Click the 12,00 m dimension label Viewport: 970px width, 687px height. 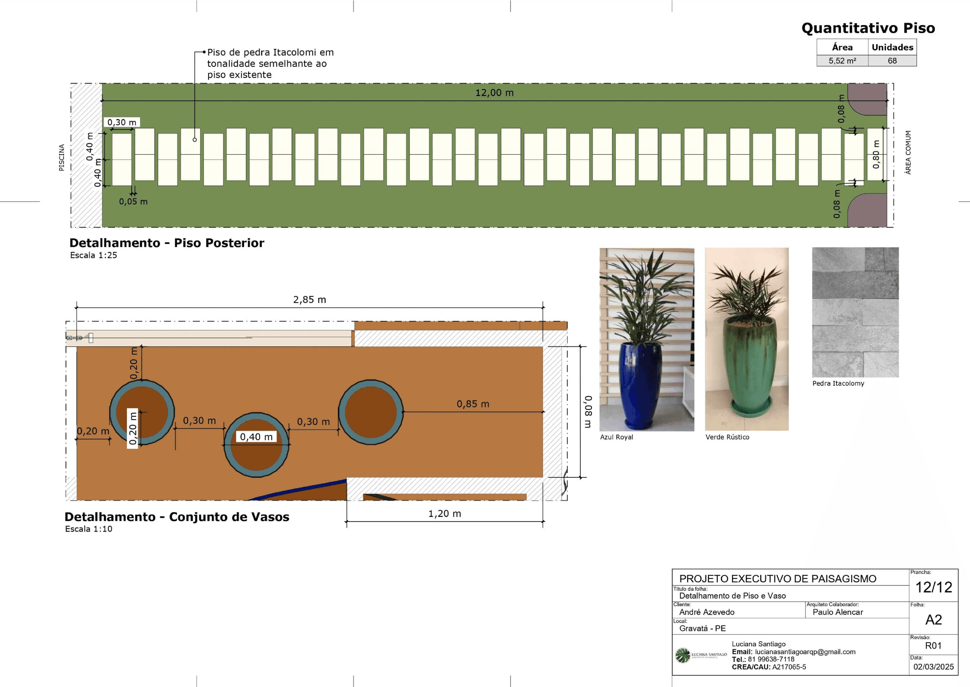[x=494, y=93]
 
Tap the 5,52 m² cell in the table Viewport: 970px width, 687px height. [x=842, y=61]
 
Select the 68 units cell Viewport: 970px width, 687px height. [x=892, y=61]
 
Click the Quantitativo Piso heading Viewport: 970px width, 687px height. [x=868, y=28]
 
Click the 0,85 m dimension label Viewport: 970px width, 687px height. [x=473, y=404]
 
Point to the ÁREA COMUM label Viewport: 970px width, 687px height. [x=908, y=152]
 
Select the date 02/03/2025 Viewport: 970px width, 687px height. [x=933, y=667]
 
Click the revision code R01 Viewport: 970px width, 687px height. [x=933, y=646]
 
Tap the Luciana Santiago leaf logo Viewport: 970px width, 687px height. [x=682, y=655]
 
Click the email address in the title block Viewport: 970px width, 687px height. [x=805, y=652]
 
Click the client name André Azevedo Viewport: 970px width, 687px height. [x=707, y=612]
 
